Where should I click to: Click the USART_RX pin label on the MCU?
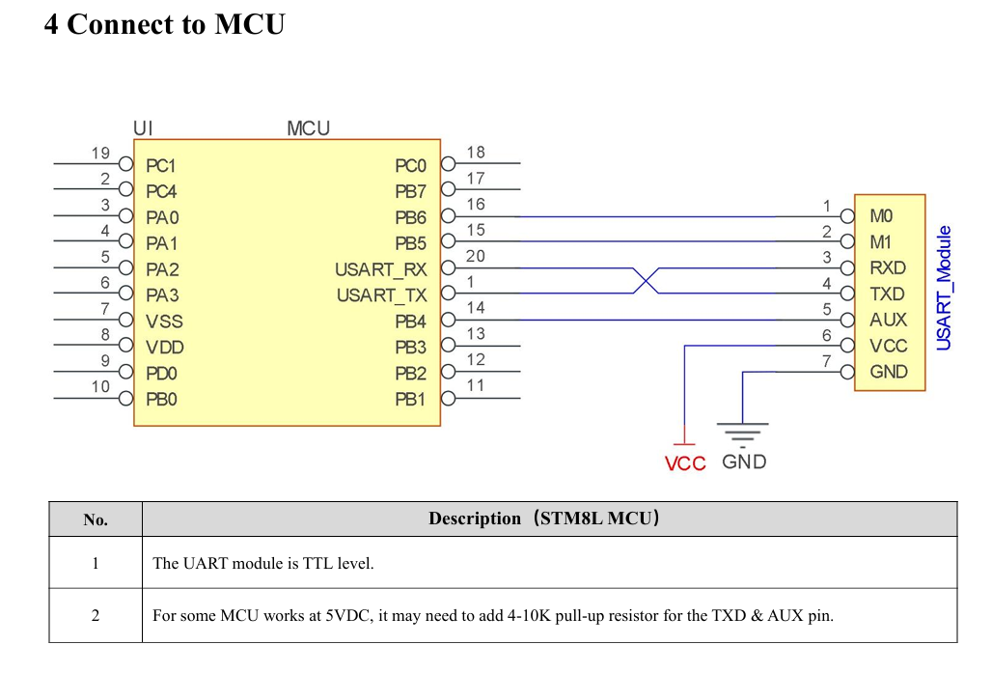point(381,269)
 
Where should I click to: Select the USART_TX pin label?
point(381,295)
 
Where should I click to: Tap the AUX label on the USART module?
point(888,320)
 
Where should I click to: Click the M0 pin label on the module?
point(881,216)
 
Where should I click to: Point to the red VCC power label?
point(685,463)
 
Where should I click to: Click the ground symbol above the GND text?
point(743,434)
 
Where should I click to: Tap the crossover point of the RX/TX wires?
point(646,280)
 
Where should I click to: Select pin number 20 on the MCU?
point(475,256)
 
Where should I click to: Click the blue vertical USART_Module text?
point(944,288)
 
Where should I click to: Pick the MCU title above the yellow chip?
point(308,128)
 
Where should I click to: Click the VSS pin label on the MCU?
point(164,322)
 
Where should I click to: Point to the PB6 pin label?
point(410,218)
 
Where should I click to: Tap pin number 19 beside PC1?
point(100,154)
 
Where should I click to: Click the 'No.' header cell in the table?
point(96,519)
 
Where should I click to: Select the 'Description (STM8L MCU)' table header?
point(544,519)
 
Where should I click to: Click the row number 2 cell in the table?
point(96,615)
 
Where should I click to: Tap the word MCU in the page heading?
point(250,24)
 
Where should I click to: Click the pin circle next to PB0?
point(126,398)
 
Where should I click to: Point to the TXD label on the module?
point(887,294)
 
